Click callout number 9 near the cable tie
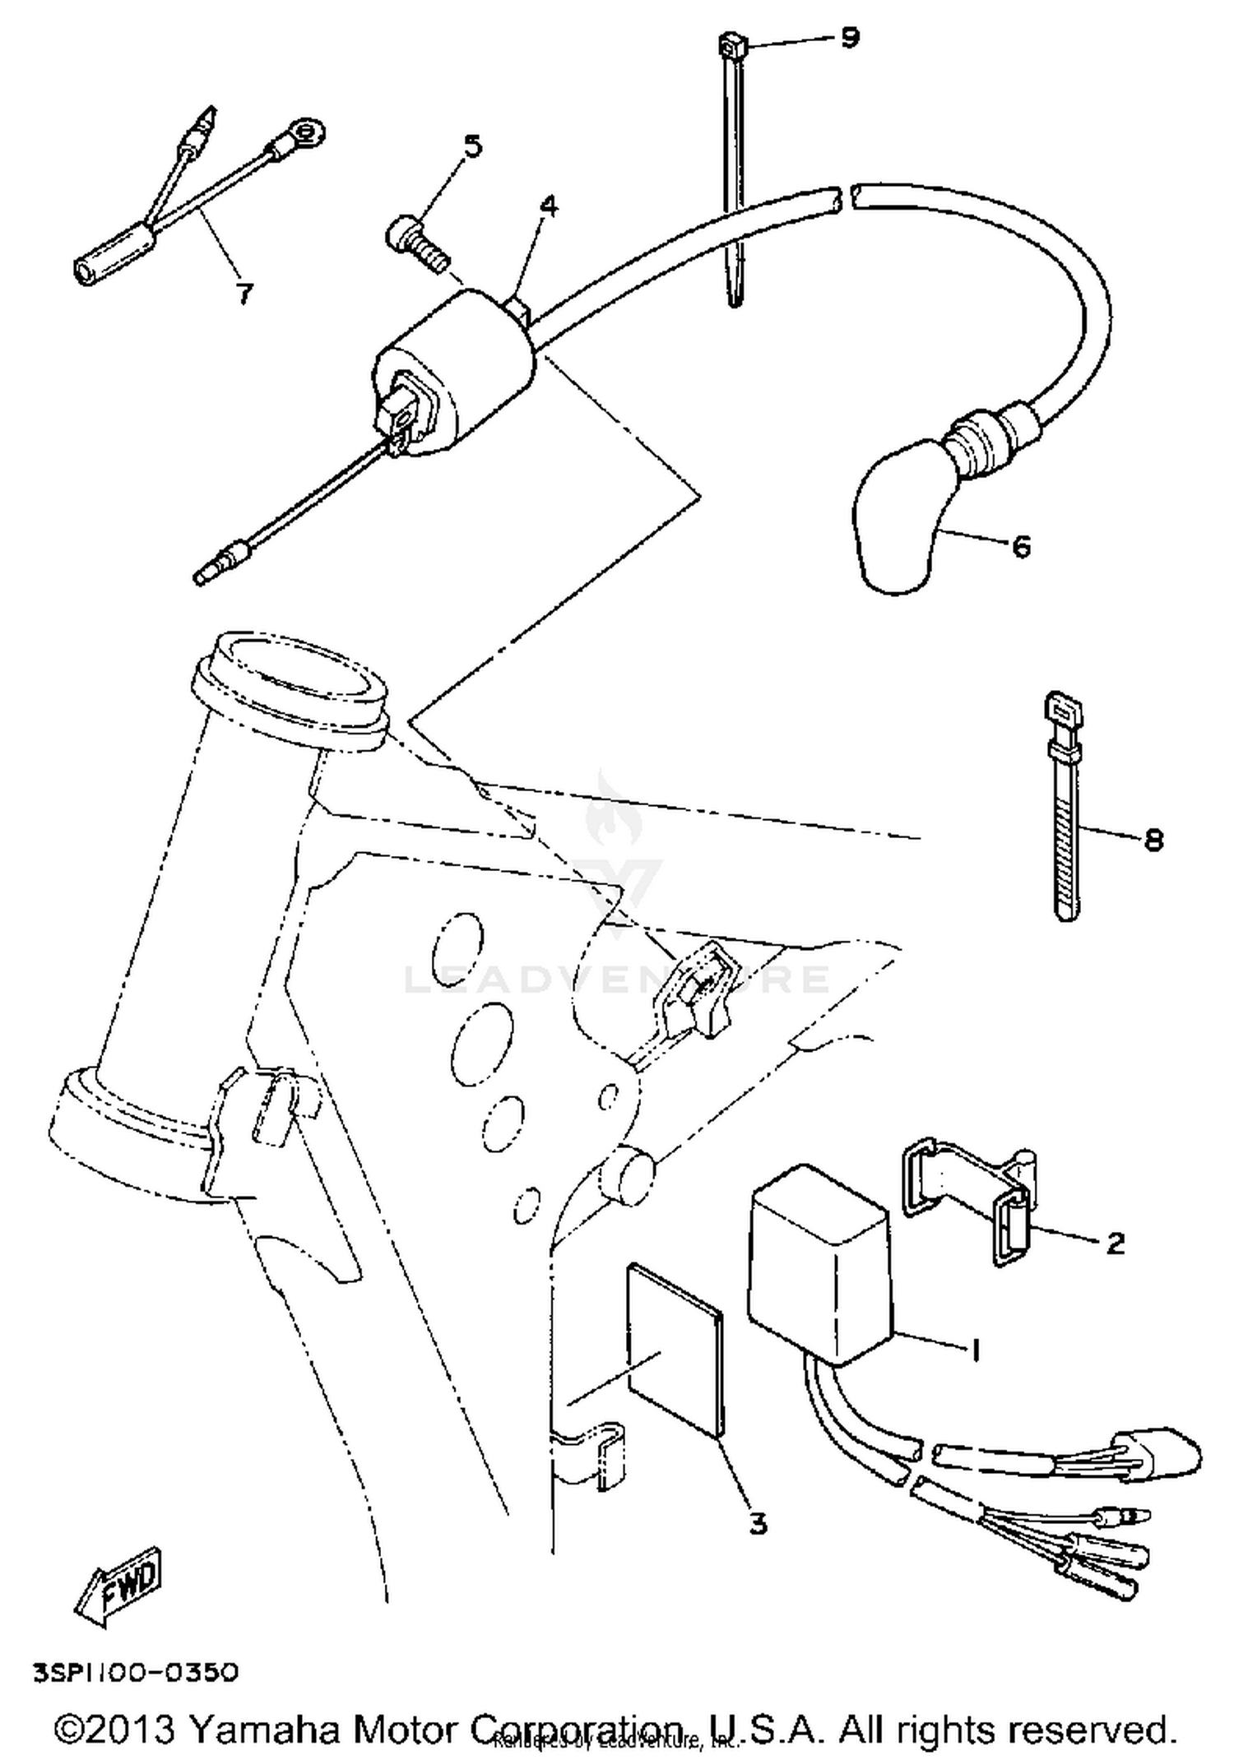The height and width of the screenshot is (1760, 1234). [850, 37]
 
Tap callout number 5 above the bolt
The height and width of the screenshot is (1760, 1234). [472, 146]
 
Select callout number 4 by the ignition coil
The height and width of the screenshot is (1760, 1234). [548, 206]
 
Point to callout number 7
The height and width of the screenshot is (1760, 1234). [244, 292]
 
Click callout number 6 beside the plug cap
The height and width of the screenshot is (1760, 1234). [1020, 546]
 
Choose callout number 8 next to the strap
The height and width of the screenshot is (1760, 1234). [1153, 840]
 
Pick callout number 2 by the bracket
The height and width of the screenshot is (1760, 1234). [1115, 1242]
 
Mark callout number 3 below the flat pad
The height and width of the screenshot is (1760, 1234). [758, 1523]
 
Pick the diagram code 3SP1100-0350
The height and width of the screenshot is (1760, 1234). [136, 1673]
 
